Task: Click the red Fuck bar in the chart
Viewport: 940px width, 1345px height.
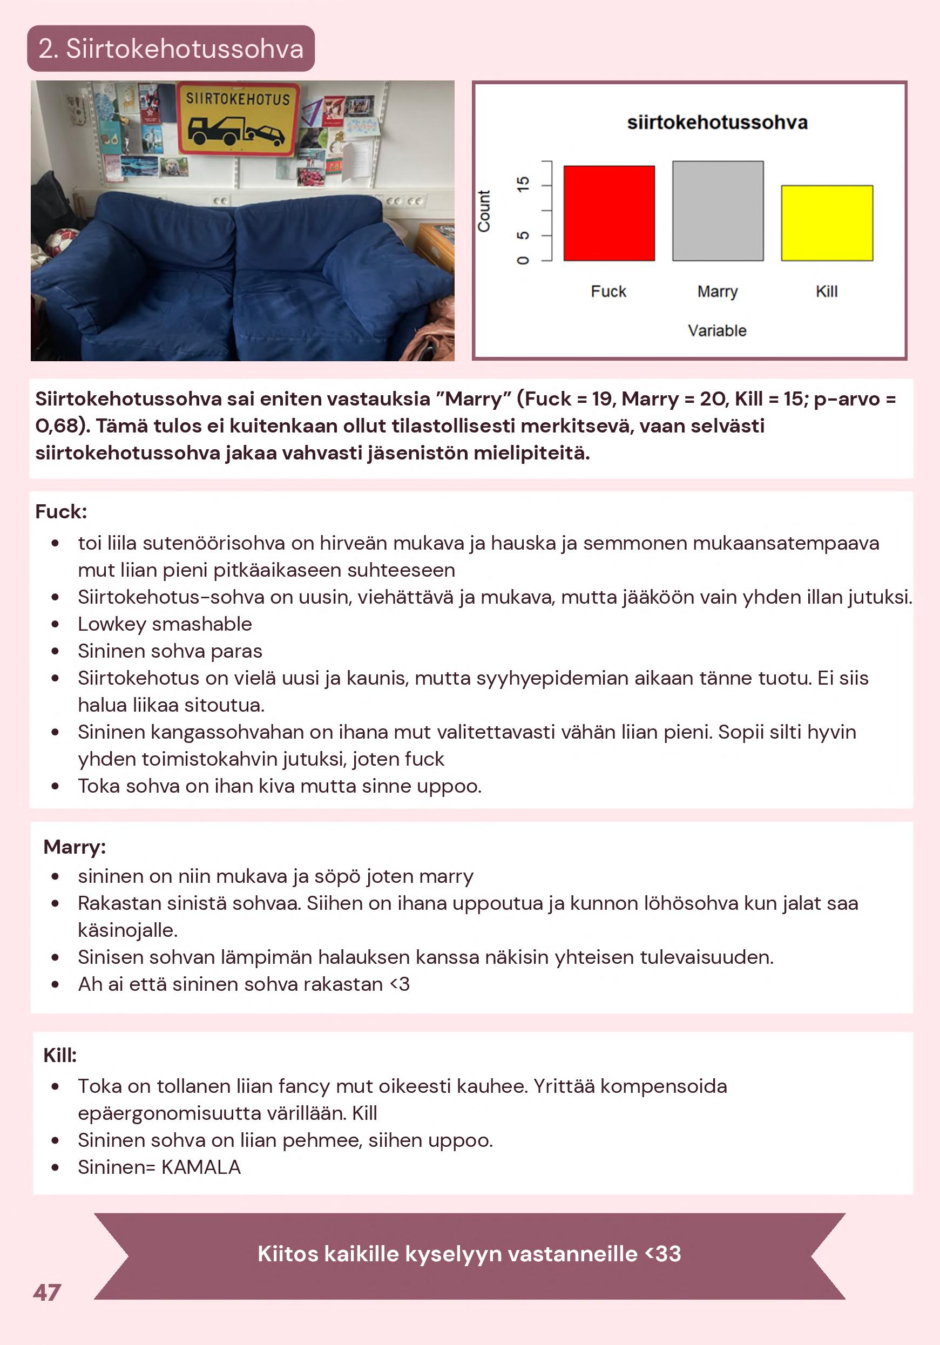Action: coord(608,213)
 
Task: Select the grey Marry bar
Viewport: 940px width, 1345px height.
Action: coord(718,211)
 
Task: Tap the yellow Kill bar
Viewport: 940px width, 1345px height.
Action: coord(827,223)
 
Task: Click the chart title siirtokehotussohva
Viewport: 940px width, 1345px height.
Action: coord(717,123)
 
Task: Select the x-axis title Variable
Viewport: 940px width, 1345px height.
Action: coord(717,331)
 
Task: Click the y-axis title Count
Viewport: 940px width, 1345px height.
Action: coord(484,211)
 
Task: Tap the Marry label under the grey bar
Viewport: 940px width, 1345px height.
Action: coord(718,292)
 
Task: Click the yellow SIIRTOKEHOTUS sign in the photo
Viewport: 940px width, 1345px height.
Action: coord(238,119)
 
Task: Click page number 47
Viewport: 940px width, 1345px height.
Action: coord(47,1292)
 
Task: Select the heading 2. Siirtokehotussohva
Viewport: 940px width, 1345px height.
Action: coord(171,49)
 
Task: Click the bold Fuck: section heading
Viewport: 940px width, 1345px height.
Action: coord(61,512)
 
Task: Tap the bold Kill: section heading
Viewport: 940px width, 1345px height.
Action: coord(60,1055)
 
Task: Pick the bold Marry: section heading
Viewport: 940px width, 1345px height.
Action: coord(75,847)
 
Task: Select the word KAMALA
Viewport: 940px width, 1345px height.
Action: coord(201,1167)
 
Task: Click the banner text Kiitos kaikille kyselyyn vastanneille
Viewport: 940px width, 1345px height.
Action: coord(469,1254)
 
